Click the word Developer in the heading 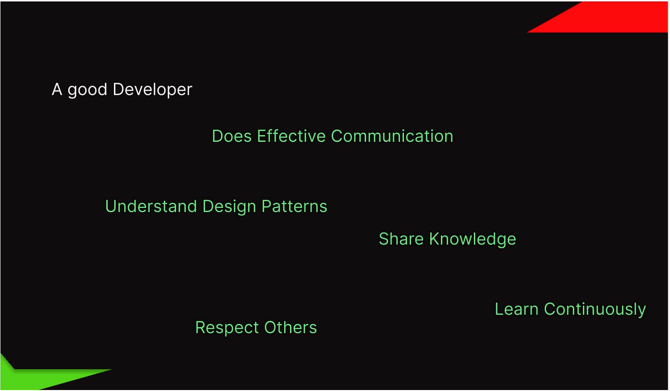153,90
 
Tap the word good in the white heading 87,90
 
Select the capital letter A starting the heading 57,89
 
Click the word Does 232,136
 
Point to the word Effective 291,136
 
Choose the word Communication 392,136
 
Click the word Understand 151,206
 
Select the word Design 229,207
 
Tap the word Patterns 294,206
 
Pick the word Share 402,239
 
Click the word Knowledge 473,240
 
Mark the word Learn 516,309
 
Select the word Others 290,327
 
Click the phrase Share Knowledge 447,240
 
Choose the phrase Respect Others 256,328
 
